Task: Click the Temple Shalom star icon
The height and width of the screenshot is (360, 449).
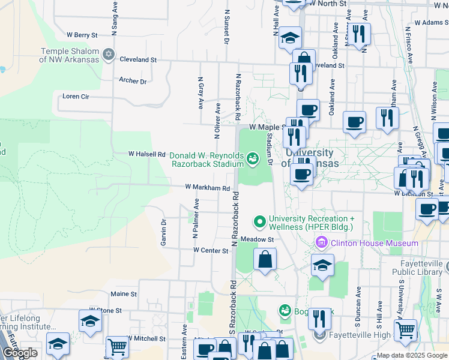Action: coord(109,55)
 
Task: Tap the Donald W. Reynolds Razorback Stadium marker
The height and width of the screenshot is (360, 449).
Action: coord(253,158)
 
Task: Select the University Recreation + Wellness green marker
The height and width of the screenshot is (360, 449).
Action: coord(260,222)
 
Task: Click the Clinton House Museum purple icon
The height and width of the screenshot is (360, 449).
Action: coord(321,243)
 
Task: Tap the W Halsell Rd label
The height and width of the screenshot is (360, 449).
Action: coord(146,154)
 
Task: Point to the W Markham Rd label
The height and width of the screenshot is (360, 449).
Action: coord(208,188)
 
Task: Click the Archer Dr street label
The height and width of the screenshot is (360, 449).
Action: coord(133,80)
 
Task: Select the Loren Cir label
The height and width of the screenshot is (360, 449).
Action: coord(76,96)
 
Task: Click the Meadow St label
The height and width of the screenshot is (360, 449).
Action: coord(257,239)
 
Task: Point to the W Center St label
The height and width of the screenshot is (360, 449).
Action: coord(211,250)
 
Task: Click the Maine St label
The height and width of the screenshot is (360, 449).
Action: coord(124,294)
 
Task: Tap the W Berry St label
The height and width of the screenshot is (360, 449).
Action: coord(82,35)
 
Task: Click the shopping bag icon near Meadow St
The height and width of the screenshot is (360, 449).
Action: coord(265,260)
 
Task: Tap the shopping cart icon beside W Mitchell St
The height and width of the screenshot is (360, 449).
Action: coord(117,346)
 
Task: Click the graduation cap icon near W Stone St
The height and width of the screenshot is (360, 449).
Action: coord(90,320)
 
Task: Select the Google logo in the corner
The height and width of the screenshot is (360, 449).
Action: coord(20,353)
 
